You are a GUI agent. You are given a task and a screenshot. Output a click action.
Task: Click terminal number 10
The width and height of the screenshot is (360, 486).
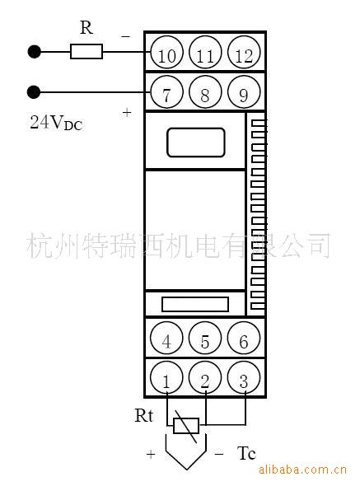pos(167,53)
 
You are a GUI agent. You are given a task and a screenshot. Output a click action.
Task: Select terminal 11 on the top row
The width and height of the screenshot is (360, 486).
pos(205,53)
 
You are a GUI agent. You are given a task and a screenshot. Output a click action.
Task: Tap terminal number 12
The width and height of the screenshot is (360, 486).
pos(244,53)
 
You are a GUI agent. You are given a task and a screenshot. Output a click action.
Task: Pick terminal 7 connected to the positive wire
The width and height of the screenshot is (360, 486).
pos(167,91)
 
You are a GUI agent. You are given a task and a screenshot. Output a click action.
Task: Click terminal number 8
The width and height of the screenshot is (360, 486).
pos(205,91)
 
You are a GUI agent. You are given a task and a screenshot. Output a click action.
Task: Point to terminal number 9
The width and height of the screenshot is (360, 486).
pos(244,91)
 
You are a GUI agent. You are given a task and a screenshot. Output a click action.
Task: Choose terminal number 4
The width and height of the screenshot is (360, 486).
pos(166,339)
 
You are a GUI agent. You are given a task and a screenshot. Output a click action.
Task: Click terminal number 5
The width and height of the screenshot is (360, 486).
pos(205,339)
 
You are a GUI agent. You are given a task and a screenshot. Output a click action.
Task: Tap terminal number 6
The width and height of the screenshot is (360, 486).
pos(244,339)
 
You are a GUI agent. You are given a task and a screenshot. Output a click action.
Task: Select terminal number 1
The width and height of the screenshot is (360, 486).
pos(166,378)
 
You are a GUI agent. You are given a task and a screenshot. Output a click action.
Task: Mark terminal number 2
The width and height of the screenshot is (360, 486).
pos(205,378)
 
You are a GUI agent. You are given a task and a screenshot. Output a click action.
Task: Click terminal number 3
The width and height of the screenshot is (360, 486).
pos(244,378)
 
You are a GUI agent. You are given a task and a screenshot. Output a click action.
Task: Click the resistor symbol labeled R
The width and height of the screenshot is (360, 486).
pos(86,51)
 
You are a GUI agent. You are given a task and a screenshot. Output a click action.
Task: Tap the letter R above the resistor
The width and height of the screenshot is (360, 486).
pos(86,27)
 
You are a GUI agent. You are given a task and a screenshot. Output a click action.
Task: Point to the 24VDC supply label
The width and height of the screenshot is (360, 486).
pos(56,122)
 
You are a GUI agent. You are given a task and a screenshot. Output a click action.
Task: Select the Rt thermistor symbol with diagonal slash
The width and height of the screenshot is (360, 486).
pos(186,426)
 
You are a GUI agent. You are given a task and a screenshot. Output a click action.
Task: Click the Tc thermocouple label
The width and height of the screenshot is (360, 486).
pos(246,453)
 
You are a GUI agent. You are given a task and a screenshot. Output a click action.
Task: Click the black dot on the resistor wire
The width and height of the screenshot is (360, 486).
pos(34,52)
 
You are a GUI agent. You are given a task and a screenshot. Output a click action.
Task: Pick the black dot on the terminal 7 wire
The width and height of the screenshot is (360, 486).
pos(34,92)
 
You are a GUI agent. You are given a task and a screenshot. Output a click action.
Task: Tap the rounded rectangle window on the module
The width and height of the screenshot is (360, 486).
pos(196,143)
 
